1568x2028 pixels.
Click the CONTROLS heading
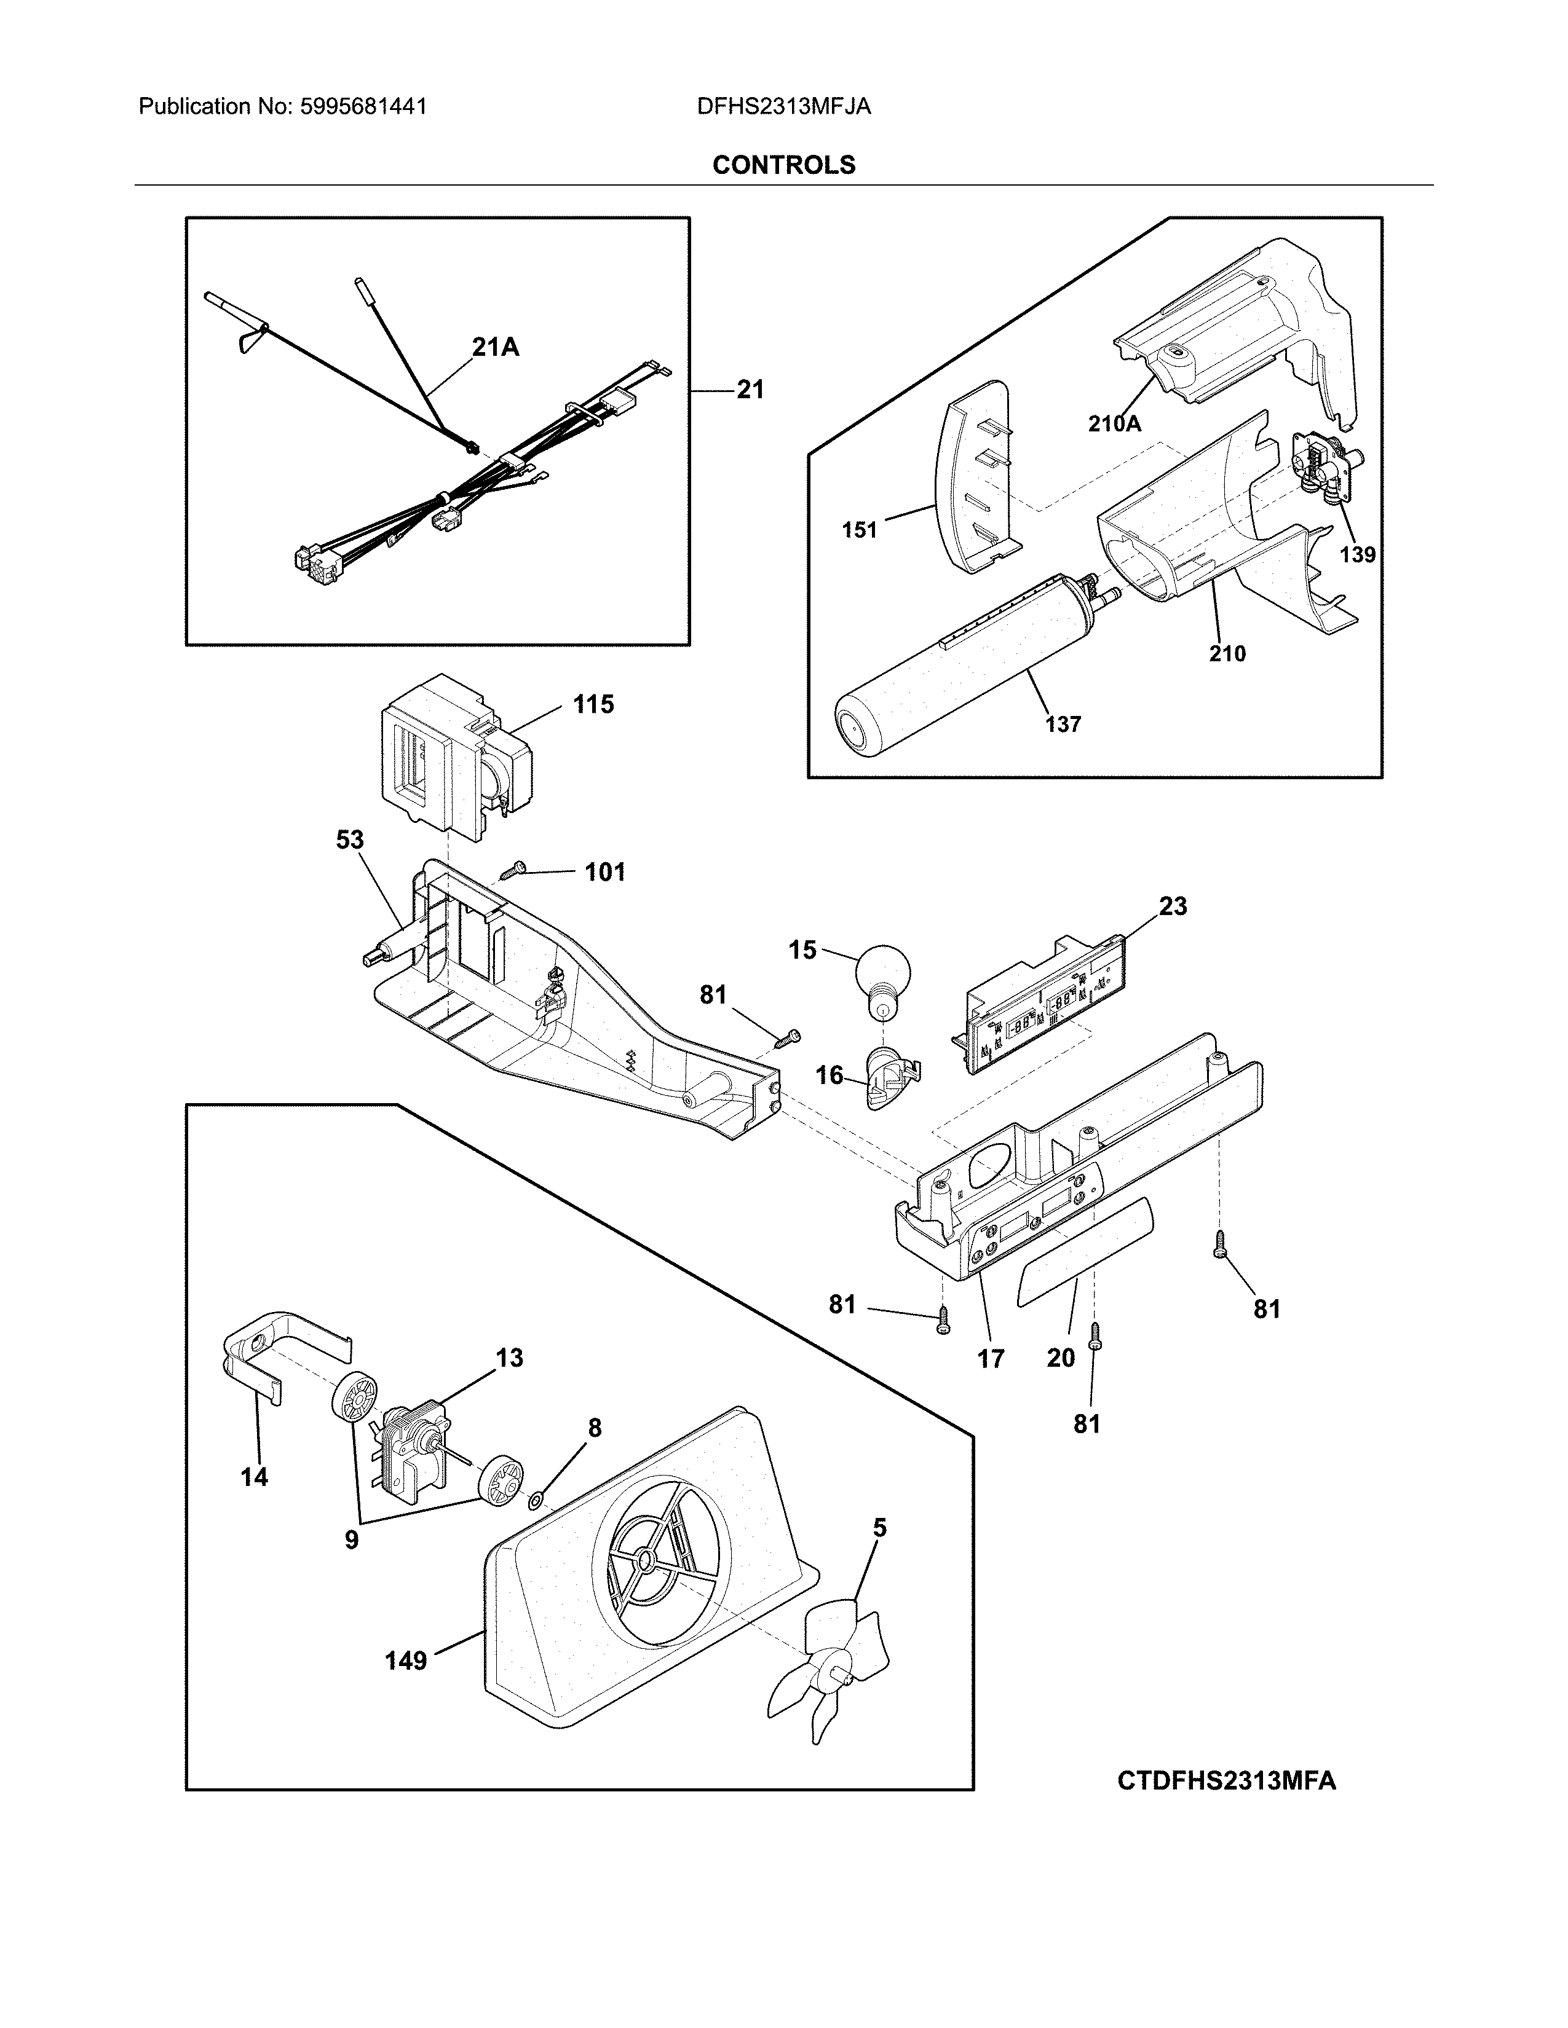783,165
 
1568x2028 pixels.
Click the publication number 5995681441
363,107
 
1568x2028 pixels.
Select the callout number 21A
494,347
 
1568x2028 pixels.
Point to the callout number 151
859,530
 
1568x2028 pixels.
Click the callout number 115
593,705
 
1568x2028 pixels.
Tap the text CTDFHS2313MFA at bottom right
1226,1781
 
